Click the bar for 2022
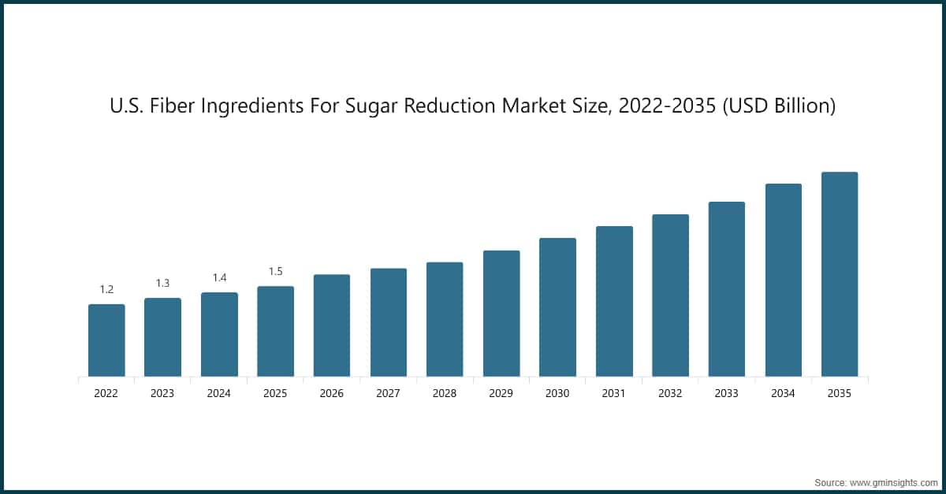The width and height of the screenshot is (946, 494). [106, 340]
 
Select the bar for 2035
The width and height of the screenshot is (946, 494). [840, 274]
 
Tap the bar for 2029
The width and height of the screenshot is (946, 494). [501, 314]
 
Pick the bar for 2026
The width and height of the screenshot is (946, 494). [332, 325]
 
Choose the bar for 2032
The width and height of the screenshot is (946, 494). [670, 295]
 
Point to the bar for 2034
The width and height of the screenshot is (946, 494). [783, 280]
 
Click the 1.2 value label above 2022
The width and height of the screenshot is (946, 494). [106, 289]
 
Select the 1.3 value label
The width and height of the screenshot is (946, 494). [162, 283]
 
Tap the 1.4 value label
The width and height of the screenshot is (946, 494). [219, 277]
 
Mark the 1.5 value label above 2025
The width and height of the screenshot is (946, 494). [275, 271]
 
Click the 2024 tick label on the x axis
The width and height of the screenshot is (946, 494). [219, 393]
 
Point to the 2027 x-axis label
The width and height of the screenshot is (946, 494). [389, 393]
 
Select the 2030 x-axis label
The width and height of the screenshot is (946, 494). [557, 393]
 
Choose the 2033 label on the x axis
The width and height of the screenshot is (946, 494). [727, 393]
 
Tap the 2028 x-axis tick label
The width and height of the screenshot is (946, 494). [445, 393]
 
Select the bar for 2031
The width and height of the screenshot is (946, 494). [614, 301]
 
